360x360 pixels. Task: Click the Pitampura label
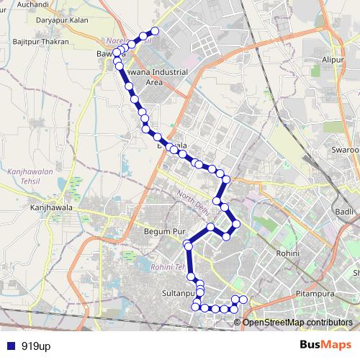[x=315, y=294]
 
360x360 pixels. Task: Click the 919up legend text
[x=36, y=346]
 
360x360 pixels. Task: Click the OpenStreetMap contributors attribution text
[x=298, y=322]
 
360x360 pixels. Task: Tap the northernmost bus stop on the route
[x=154, y=31]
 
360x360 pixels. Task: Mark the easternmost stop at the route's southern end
[x=243, y=299]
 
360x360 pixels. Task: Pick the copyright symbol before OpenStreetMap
[x=238, y=322]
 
